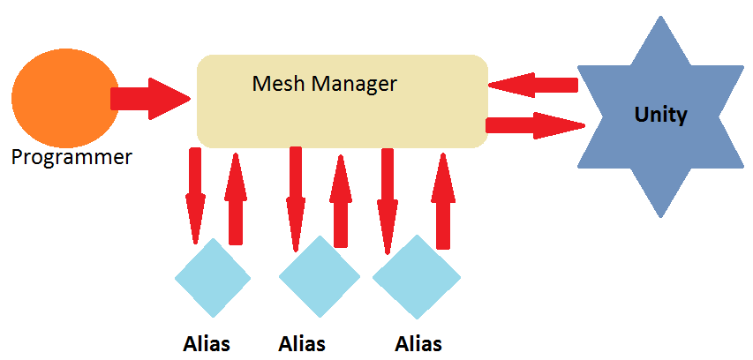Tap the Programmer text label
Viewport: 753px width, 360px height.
point(72,158)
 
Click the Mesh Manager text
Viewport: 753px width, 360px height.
point(324,84)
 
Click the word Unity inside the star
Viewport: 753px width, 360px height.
point(660,115)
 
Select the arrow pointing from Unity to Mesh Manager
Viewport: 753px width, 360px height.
point(532,86)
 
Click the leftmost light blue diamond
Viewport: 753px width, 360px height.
point(213,278)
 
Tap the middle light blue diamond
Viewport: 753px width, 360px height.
point(319,278)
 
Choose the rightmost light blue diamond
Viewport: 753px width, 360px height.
point(417,278)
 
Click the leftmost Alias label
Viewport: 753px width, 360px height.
point(207,343)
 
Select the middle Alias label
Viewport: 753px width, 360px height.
point(302,343)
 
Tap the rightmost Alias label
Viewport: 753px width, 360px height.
point(418,343)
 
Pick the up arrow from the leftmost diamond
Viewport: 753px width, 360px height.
point(235,199)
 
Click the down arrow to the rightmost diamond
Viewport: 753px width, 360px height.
point(387,199)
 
